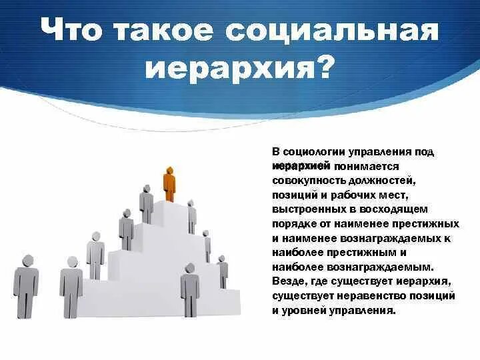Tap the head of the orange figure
[x=169, y=169]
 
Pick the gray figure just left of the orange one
[x=147, y=203]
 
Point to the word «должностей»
[x=378, y=181]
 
